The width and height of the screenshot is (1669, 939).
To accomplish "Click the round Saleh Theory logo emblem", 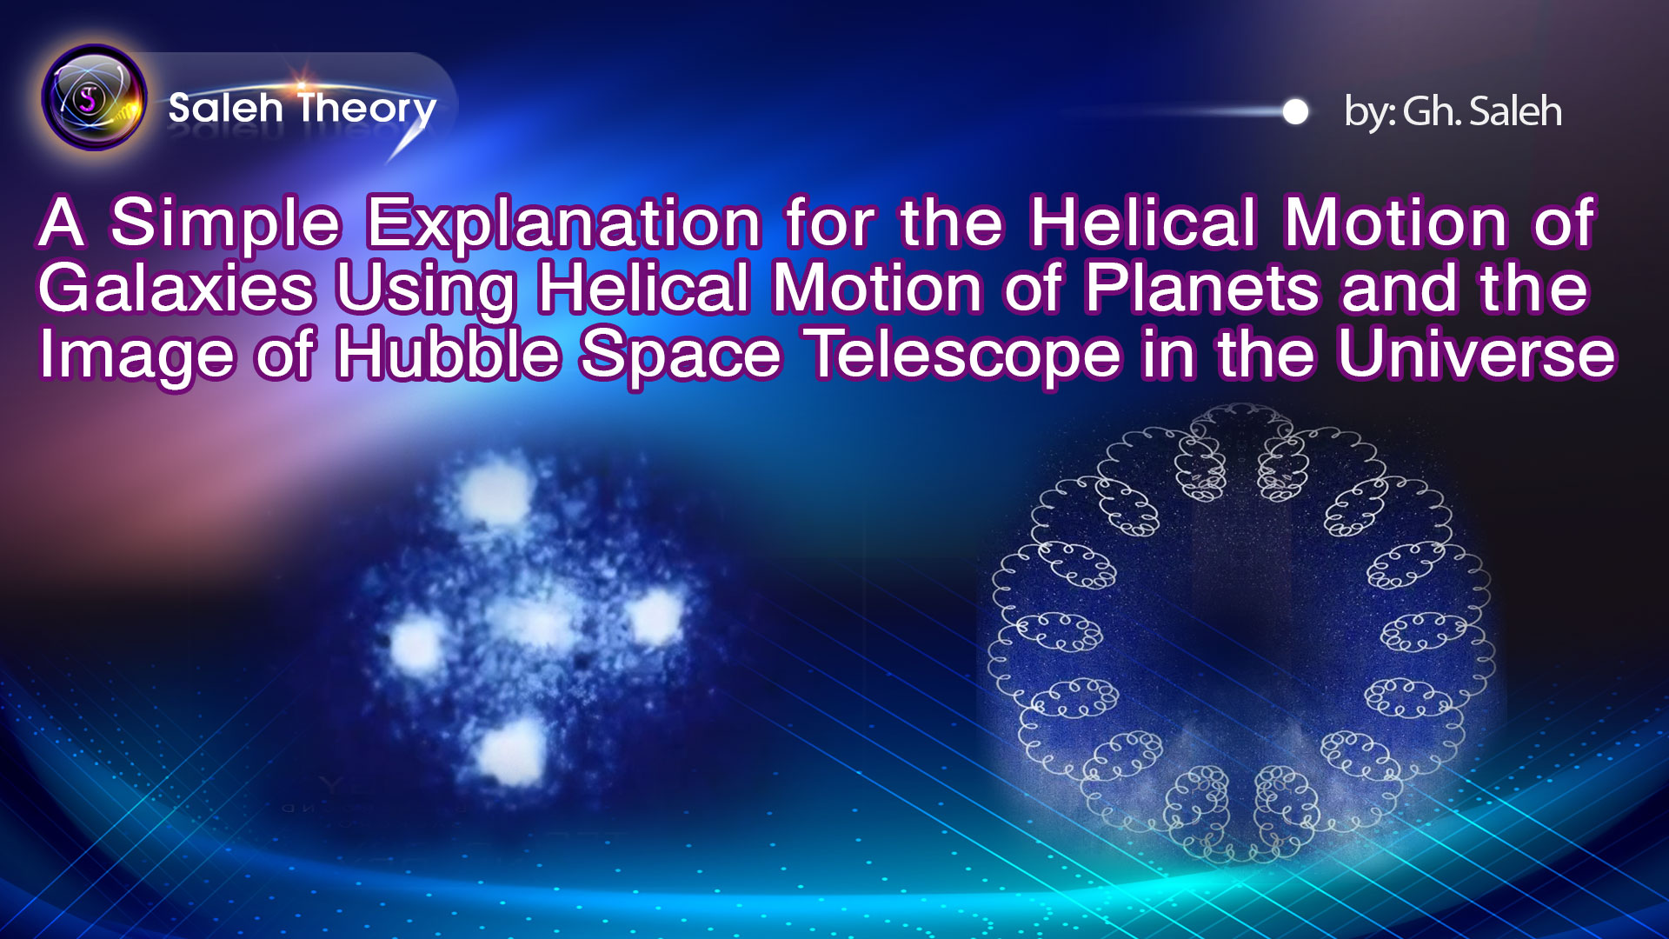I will (94, 97).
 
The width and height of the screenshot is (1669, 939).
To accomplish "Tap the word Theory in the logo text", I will (367, 109).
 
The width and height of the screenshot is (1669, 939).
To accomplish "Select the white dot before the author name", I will (1295, 112).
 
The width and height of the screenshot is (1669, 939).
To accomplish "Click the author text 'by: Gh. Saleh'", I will (1453, 112).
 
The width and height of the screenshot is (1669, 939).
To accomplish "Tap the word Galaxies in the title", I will (176, 289).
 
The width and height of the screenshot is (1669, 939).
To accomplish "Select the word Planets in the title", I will (1201, 289).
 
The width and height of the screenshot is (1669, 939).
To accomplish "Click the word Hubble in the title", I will (449, 355).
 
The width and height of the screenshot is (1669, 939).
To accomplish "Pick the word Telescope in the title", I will (965, 355).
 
